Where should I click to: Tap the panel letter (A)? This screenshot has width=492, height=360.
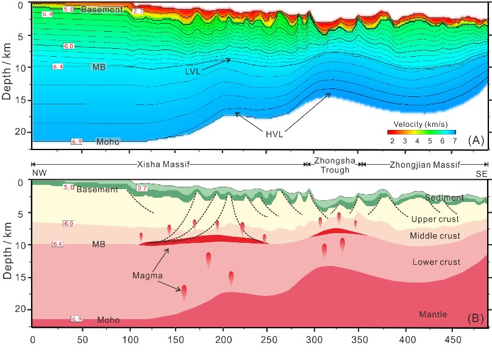click(476, 140)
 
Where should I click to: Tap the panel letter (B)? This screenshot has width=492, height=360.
click(476, 318)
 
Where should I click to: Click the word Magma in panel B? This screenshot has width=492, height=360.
click(147, 276)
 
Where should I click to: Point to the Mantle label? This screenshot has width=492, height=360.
click(432, 314)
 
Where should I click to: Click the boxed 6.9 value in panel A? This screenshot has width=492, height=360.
click(76, 142)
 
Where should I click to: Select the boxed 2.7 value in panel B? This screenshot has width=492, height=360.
click(142, 188)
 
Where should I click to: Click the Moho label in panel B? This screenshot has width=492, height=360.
click(108, 320)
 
